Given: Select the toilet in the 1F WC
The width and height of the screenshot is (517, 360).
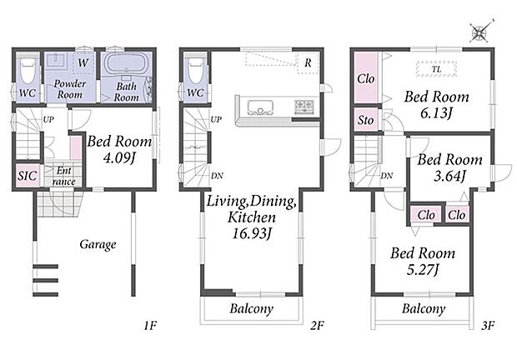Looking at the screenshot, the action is coord(27,69).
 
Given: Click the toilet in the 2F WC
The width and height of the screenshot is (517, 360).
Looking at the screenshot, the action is coord(195,69).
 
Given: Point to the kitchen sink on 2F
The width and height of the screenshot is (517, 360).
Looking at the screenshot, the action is coord(260,107).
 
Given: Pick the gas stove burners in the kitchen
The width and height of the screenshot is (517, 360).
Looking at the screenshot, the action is coord(304,106).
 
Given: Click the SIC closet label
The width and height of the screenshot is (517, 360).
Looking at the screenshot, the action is coord(27,176).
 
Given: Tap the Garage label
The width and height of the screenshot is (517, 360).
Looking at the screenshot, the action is coord(98,244).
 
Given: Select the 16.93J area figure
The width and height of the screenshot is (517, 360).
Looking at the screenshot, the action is coord(252,234).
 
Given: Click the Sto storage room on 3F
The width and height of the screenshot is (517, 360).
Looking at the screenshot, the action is coord(366,119).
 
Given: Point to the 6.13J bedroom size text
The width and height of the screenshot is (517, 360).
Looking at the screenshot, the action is coord(436,113).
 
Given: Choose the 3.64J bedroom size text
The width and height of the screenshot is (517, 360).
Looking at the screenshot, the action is coord(449,176).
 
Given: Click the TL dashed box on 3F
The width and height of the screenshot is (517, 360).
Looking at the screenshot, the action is coord(436,69).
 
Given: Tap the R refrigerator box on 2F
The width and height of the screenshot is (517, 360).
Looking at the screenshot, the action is coord(308,62).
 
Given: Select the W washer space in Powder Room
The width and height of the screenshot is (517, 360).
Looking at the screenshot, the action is coord(83,62).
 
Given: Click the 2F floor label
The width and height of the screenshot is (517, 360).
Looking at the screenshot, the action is coord(317,326).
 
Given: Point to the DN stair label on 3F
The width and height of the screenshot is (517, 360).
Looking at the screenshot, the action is coord(386,176).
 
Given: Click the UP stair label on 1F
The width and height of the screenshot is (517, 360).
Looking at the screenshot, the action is coord(48,119).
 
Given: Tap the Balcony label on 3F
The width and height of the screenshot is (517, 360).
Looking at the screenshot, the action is coord(424,308).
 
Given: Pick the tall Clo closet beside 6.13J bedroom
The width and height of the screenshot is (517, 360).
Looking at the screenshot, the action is coord(366,77).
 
